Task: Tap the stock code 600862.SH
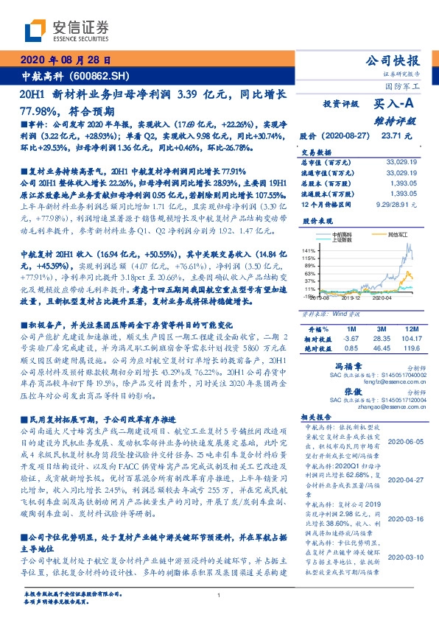(101, 75)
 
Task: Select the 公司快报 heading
(392, 60)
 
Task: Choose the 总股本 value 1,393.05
(405, 180)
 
